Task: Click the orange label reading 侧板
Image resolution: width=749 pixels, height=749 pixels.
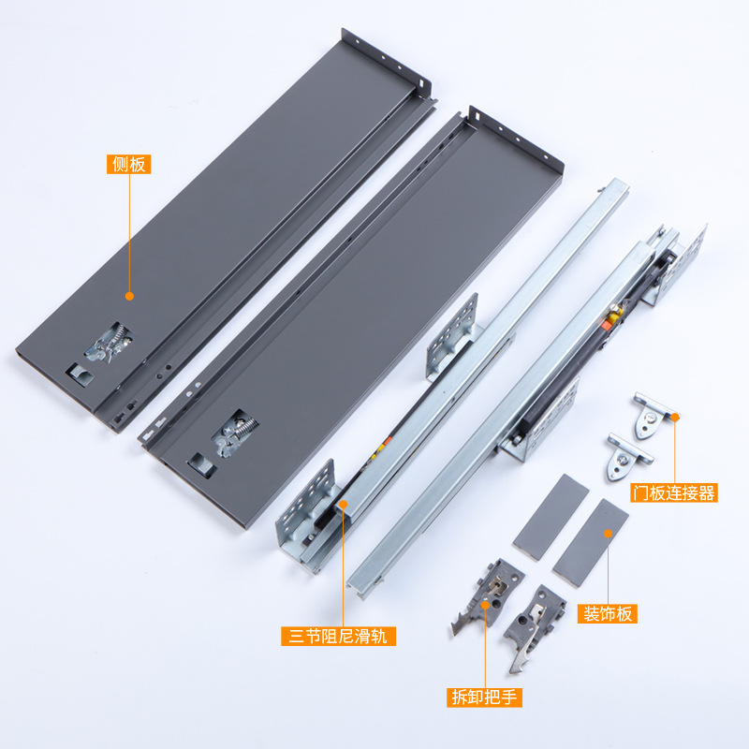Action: [128, 165]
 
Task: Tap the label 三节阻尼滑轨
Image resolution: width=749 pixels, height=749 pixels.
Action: [338, 637]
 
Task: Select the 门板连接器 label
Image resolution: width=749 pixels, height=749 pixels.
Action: [673, 492]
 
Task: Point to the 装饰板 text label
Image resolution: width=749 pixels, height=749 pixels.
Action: [608, 614]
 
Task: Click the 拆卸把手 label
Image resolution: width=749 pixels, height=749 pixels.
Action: [484, 698]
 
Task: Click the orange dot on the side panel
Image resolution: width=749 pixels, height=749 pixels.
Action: [129, 296]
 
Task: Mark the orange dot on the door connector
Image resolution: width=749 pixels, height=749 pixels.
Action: [674, 415]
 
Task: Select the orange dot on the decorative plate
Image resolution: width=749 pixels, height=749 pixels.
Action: [608, 533]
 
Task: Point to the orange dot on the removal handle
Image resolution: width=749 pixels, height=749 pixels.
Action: [485, 606]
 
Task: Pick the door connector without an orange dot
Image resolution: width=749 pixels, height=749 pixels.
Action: [629, 456]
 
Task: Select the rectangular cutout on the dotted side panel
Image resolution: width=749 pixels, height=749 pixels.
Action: [77, 371]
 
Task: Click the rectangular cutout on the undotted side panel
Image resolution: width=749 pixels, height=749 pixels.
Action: [199, 463]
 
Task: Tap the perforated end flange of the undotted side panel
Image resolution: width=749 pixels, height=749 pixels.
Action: [515, 140]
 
